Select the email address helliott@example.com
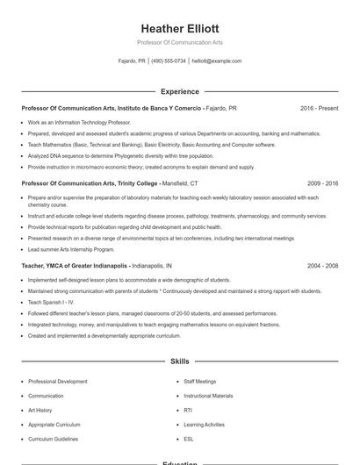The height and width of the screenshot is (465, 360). point(216,61)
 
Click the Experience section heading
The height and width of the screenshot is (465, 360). point(179,91)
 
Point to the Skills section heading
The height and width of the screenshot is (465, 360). point(179,361)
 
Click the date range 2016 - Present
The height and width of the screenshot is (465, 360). point(319,108)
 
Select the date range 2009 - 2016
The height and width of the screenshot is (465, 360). point(322,184)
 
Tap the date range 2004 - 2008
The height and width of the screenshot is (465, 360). point(322,265)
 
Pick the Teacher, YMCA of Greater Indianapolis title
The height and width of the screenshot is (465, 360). point(76,265)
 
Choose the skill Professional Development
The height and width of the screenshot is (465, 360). point(57,382)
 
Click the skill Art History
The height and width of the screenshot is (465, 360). point(40,410)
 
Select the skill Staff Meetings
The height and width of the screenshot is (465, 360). point(199,382)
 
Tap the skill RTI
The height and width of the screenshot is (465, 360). point(188,410)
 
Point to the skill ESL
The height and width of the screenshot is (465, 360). point(189,438)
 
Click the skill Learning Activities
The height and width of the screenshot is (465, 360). point(204,424)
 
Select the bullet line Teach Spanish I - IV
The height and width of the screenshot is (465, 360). point(52,302)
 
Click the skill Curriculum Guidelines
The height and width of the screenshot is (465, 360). point(54,438)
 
